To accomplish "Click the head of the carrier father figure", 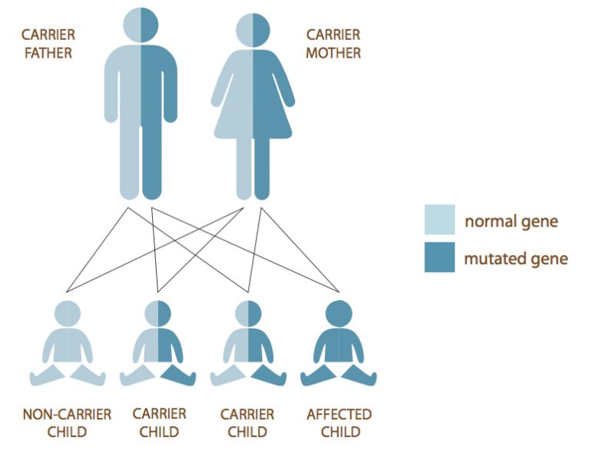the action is click(141, 25).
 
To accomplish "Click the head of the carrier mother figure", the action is click(253, 30).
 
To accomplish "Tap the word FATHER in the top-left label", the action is click(48, 53).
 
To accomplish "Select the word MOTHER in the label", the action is click(333, 53).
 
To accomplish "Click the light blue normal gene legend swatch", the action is click(439, 220).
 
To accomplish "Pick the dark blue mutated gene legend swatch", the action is click(439, 257).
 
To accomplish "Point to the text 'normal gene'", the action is click(512, 221).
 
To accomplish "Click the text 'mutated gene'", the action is click(516, 259).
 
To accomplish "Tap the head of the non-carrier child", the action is click(68, 313).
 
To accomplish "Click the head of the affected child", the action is click(339, 313).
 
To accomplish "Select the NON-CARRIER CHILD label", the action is click(67, 423).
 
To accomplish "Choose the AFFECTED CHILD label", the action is click(340, 423).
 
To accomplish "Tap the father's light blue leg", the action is click(129, 162).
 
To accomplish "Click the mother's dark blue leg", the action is click(262, 168).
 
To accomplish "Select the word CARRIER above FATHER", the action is click(48, 35).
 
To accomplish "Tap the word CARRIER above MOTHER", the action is click(333, 35).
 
